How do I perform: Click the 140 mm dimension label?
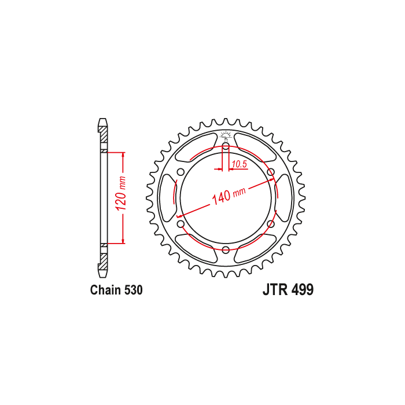click(x=229, y=195)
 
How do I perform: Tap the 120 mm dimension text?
click(x=121, y=194)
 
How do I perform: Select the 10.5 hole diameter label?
click(x=239, y=164)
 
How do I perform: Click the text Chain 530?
click(x=116, y=290)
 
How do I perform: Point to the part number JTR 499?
click(x=288, y=289)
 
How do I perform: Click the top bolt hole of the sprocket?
click(x=226, y=147)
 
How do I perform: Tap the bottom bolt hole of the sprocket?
click(x=226, y=250)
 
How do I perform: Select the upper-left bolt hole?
click(x=181, y=172)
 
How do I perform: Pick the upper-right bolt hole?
click(x=271, y=172)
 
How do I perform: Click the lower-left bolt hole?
click(x=181, y=224)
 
